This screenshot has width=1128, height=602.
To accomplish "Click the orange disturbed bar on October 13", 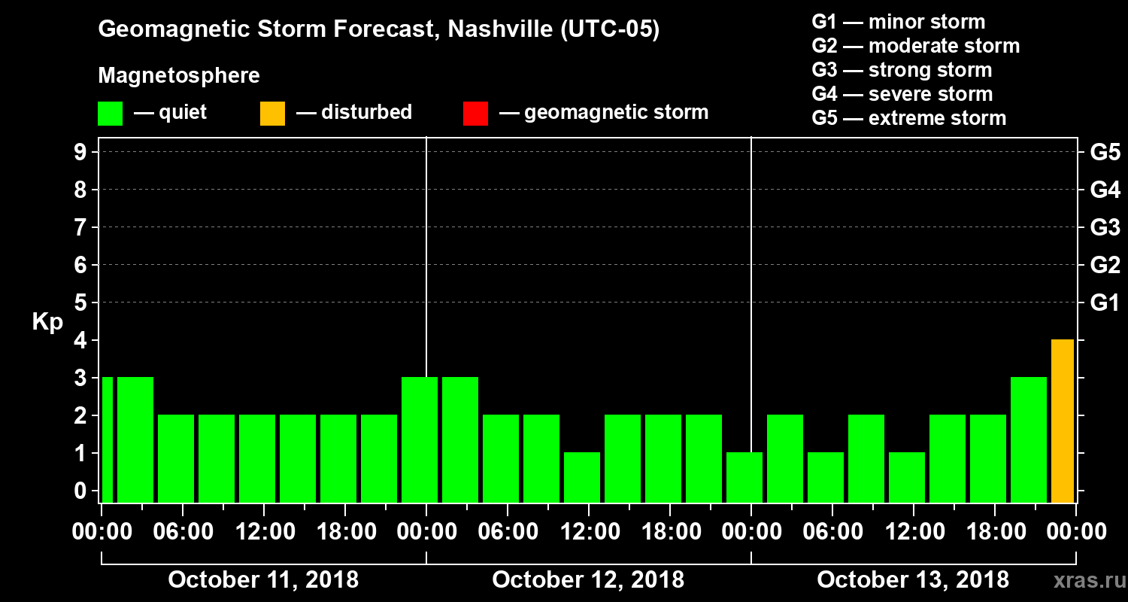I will click(1062, 421).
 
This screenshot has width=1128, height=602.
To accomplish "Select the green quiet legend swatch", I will click(110, 113).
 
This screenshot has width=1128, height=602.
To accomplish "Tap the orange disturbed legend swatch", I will click(272, 113).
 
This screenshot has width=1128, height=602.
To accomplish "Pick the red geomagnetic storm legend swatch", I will click(475, 113).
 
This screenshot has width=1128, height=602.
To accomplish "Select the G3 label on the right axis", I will click(1105, 228).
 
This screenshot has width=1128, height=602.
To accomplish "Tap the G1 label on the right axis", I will click(1105, 303).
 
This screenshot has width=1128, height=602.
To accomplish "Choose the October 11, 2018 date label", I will click(263, 580).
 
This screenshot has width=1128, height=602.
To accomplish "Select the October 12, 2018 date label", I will click(588, 580).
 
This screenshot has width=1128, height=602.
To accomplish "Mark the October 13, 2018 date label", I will click(913, 580).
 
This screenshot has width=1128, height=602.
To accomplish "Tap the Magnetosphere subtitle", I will click(179, 76).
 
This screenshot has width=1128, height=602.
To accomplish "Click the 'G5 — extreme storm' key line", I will click(908, 118).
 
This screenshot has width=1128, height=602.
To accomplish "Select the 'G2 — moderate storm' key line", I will click(915, 46).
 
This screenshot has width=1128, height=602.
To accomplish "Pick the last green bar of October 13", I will click(1029, 439).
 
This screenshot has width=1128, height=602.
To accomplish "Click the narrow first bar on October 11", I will click(107, 439).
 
